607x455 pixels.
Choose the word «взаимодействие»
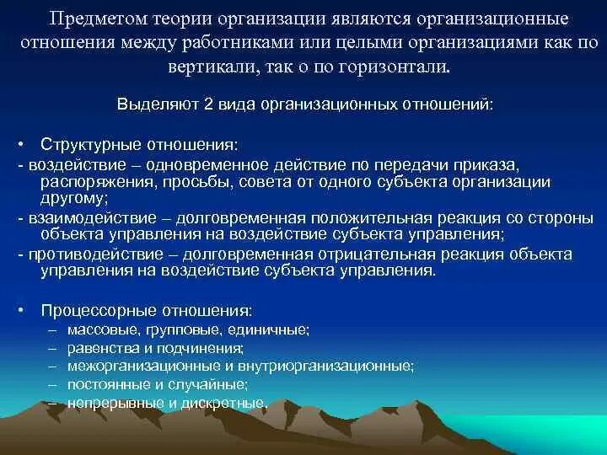(74, 217)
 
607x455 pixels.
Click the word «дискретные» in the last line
(232, 403)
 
